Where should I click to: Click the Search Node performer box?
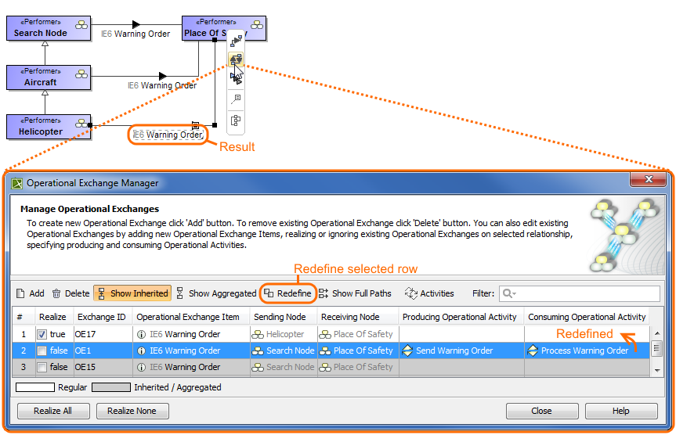[49, 28]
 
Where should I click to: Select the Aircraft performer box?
[49, 77]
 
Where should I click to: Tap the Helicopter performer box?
[49, 127]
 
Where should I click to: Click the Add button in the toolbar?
[31, 293]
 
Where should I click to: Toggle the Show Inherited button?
[132, 293]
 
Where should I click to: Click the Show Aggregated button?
[215, 293]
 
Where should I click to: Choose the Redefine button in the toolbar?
[287, 293]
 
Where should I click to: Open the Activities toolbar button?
[429, 293]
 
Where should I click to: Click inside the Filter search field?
[584, 293]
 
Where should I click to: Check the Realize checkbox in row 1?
[42, 334]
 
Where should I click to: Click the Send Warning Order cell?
[454, 351]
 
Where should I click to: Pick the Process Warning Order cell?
[584, 351]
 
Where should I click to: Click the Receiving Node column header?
[349, 317]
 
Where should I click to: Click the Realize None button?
[132, 411]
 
